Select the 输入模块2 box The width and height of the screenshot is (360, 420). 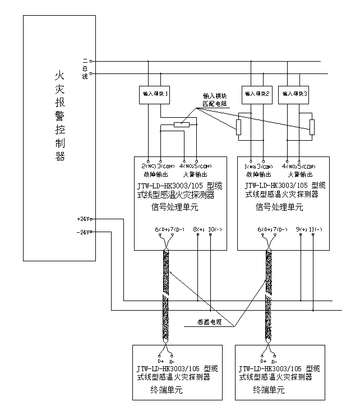tap(256, 93)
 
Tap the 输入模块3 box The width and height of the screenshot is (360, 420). tap(294, 93)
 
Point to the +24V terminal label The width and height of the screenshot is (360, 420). tap(84, 218)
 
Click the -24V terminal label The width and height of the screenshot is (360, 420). tap(84, 232)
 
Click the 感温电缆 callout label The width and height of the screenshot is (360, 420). tap(210, 322)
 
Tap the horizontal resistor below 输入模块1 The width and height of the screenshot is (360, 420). tap(182, 124)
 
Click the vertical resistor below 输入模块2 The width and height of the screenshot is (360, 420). tap(238, 127)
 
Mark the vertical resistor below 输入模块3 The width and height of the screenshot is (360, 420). tap(312, 127)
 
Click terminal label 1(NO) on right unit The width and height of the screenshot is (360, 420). tap(249, 166)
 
